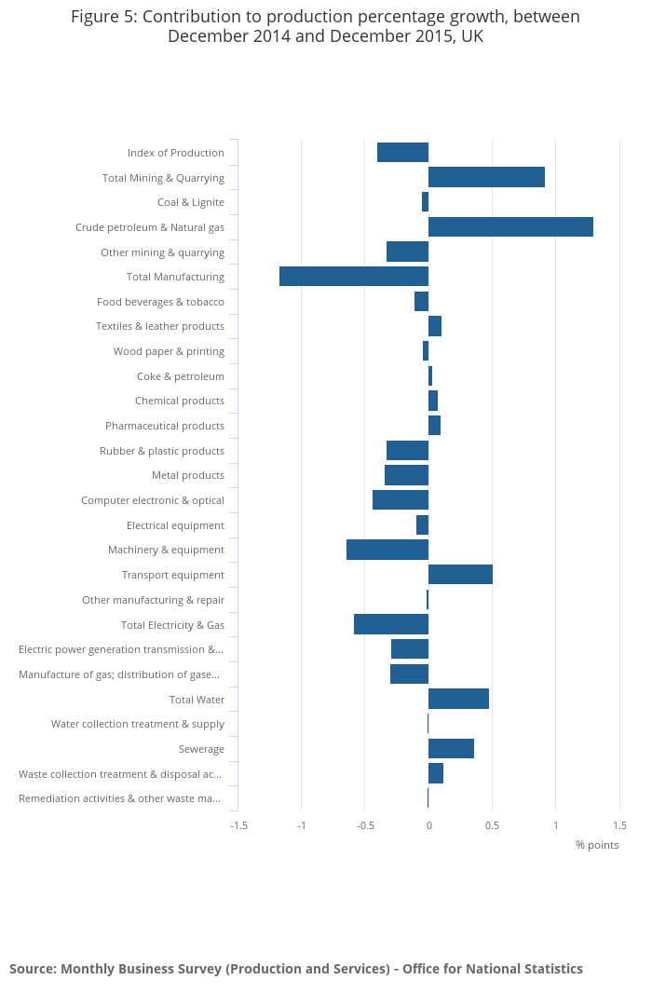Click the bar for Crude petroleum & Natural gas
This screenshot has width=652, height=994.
[x=510, y=227]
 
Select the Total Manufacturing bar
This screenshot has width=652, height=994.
[x=354, y=277]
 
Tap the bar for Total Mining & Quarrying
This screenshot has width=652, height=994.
[x=486, y=177]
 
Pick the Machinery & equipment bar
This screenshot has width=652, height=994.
[x=387, y=550]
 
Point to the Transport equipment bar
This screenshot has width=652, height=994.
[x=460, y=575]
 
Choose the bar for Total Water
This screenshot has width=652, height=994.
[x=458, y=699]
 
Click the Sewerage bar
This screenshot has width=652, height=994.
[x=451, y=749]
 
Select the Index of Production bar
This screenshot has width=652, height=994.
[x=402, y=153]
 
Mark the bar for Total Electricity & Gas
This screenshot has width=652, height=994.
[x=391, y=624]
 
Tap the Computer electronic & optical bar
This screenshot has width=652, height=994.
[x=401, y=500]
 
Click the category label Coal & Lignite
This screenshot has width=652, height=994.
[x=191, y=202]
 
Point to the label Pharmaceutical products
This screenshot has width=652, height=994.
[x=165, y=426]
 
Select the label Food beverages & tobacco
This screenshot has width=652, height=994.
[x=160, y=302]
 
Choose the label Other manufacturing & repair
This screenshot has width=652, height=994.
[x=153, y=600]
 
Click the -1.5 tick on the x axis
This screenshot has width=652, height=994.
[x=239, y=825]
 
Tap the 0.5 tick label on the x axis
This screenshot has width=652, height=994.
[x=492, y=825]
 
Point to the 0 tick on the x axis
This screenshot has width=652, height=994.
[x=428, y=825]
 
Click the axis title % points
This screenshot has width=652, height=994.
[x=597, y=845]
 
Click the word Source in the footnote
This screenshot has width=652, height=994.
[x=32, y=969]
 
